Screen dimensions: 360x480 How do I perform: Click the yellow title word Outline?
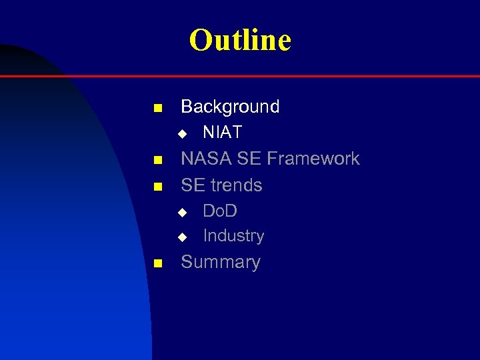[x=240, y=40]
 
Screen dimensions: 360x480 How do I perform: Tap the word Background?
[x=230, y=107]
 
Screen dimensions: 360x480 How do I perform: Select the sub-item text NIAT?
[x=222, y=133]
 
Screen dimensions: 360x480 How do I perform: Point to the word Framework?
[x=313, y=159]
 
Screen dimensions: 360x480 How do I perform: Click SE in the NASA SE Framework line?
[x=249, y=159]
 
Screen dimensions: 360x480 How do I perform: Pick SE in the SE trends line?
[x=192, y=185]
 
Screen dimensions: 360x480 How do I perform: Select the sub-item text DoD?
[x=220, y=211]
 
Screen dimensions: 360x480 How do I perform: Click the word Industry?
[x=233, y=236]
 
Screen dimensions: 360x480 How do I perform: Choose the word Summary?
[x=221, y=262]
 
